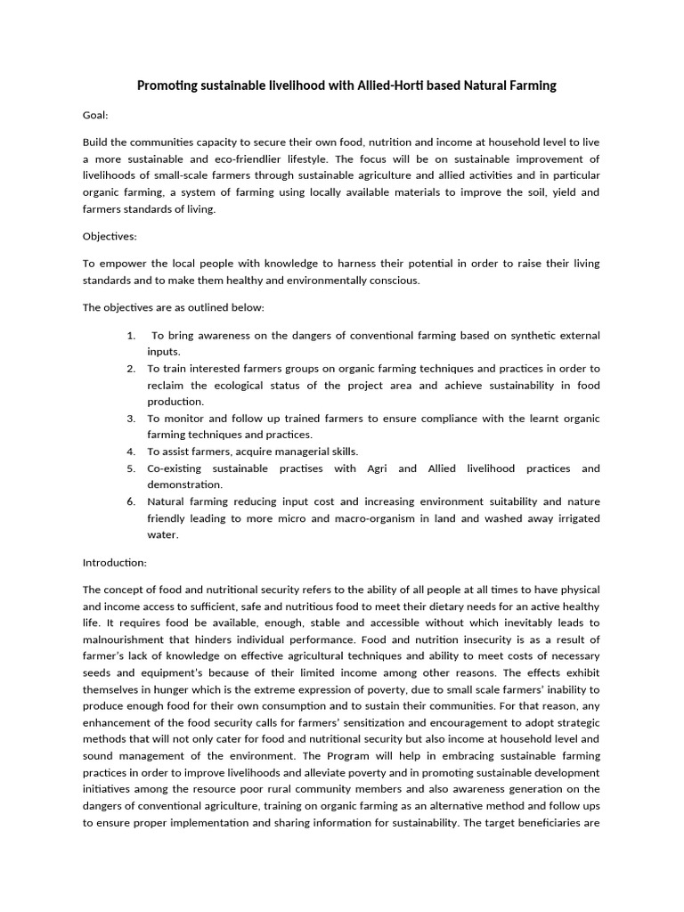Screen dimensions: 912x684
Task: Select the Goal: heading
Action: coord(96,115)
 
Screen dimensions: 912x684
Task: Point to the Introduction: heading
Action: coord(115,562)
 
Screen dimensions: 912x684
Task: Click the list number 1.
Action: coord(131,335)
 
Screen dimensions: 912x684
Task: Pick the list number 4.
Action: coord(131,452)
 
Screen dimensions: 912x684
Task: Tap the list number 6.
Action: coord(131,501)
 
